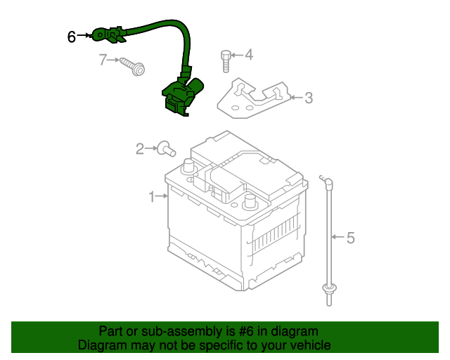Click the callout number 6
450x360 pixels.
(72, 37)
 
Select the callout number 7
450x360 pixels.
(103, 60)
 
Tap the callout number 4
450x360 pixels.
(248, 55)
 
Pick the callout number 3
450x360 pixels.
(308, 98)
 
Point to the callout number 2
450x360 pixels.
(140, 148)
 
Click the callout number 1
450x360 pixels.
(151, 198)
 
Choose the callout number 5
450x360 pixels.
(350, 238)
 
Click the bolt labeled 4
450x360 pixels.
(226, 60)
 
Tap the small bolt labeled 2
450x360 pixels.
(166, 148)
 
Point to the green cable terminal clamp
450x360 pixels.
(179, 96)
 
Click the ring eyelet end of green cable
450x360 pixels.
(101, 34)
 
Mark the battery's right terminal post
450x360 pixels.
(249, 202)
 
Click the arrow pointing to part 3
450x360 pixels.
(295, 98)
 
